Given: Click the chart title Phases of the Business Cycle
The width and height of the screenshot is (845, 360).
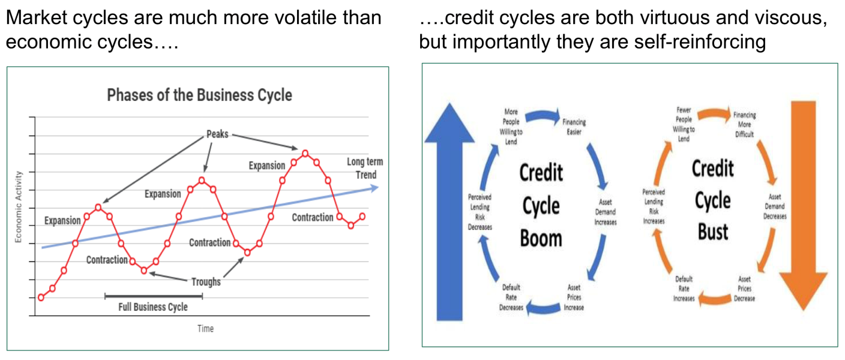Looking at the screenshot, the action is click(200, 95).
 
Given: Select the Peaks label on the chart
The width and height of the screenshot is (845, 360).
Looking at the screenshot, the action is click(217, 134).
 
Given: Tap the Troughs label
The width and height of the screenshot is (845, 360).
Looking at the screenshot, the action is click(206, 282).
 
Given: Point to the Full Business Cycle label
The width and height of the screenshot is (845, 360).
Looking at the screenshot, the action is click(153, 307).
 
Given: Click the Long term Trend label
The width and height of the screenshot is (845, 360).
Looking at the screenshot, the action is click(365, 168).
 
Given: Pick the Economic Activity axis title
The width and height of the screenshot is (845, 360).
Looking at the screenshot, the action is click(18, 207).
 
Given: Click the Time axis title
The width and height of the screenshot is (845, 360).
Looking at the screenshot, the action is click(206, 329).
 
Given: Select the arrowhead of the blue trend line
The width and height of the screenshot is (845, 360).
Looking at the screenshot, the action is click(374, 188).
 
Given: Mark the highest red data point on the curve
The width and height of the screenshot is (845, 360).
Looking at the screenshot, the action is click(305, 154).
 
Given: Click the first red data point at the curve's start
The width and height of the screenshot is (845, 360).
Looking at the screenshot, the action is click(41, 298).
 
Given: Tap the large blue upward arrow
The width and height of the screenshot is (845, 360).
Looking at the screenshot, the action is click(450, 211).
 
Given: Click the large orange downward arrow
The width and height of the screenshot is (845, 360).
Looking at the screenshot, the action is click(804, 205).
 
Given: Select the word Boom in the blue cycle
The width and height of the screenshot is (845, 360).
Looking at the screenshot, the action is click(541, 239).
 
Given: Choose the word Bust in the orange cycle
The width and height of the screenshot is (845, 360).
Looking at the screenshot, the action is click(713, 232).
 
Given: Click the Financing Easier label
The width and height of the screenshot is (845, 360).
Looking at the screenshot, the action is click(574, 127).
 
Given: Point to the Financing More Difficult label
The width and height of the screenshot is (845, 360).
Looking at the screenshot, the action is click(744, 124).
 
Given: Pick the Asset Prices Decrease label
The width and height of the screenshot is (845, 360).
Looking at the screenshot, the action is click(744, 289).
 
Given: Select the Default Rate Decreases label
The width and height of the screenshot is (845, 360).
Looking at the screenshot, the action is click(511, 298).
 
